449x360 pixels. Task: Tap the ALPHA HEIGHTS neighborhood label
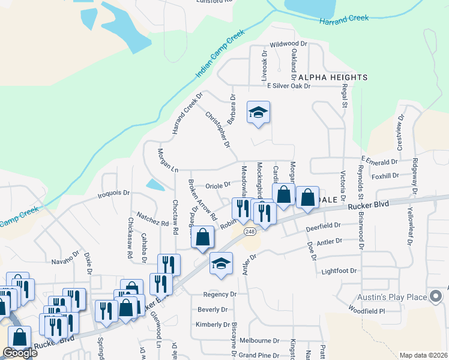click(x=333, y=77)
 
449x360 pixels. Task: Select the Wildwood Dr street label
click(x=288, y=44)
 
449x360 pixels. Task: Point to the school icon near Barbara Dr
click(x=259, y=112)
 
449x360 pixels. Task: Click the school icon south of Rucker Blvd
click(x=221, y=264)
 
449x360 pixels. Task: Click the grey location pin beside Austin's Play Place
click(x=436, y=296)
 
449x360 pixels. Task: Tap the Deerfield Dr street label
click(x=323, y=227)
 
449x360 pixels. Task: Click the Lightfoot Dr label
click(x=339, y=271)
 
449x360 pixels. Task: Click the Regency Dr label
click(x=216, y=295)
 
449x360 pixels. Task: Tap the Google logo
click(x=20, y=353)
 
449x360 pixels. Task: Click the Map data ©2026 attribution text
click(x=423, y=355)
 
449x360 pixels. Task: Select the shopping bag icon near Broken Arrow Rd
click(x=203, y=237)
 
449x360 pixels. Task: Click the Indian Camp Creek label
click(x=220, y=55)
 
